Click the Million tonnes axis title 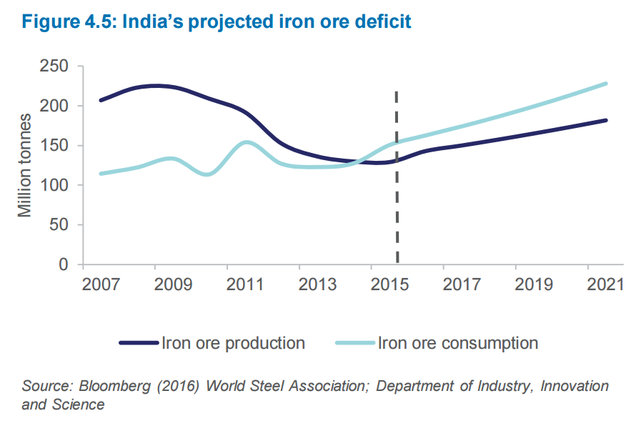point(26,165)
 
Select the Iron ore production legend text point(234,343)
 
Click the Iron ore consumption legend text point(458,343)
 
